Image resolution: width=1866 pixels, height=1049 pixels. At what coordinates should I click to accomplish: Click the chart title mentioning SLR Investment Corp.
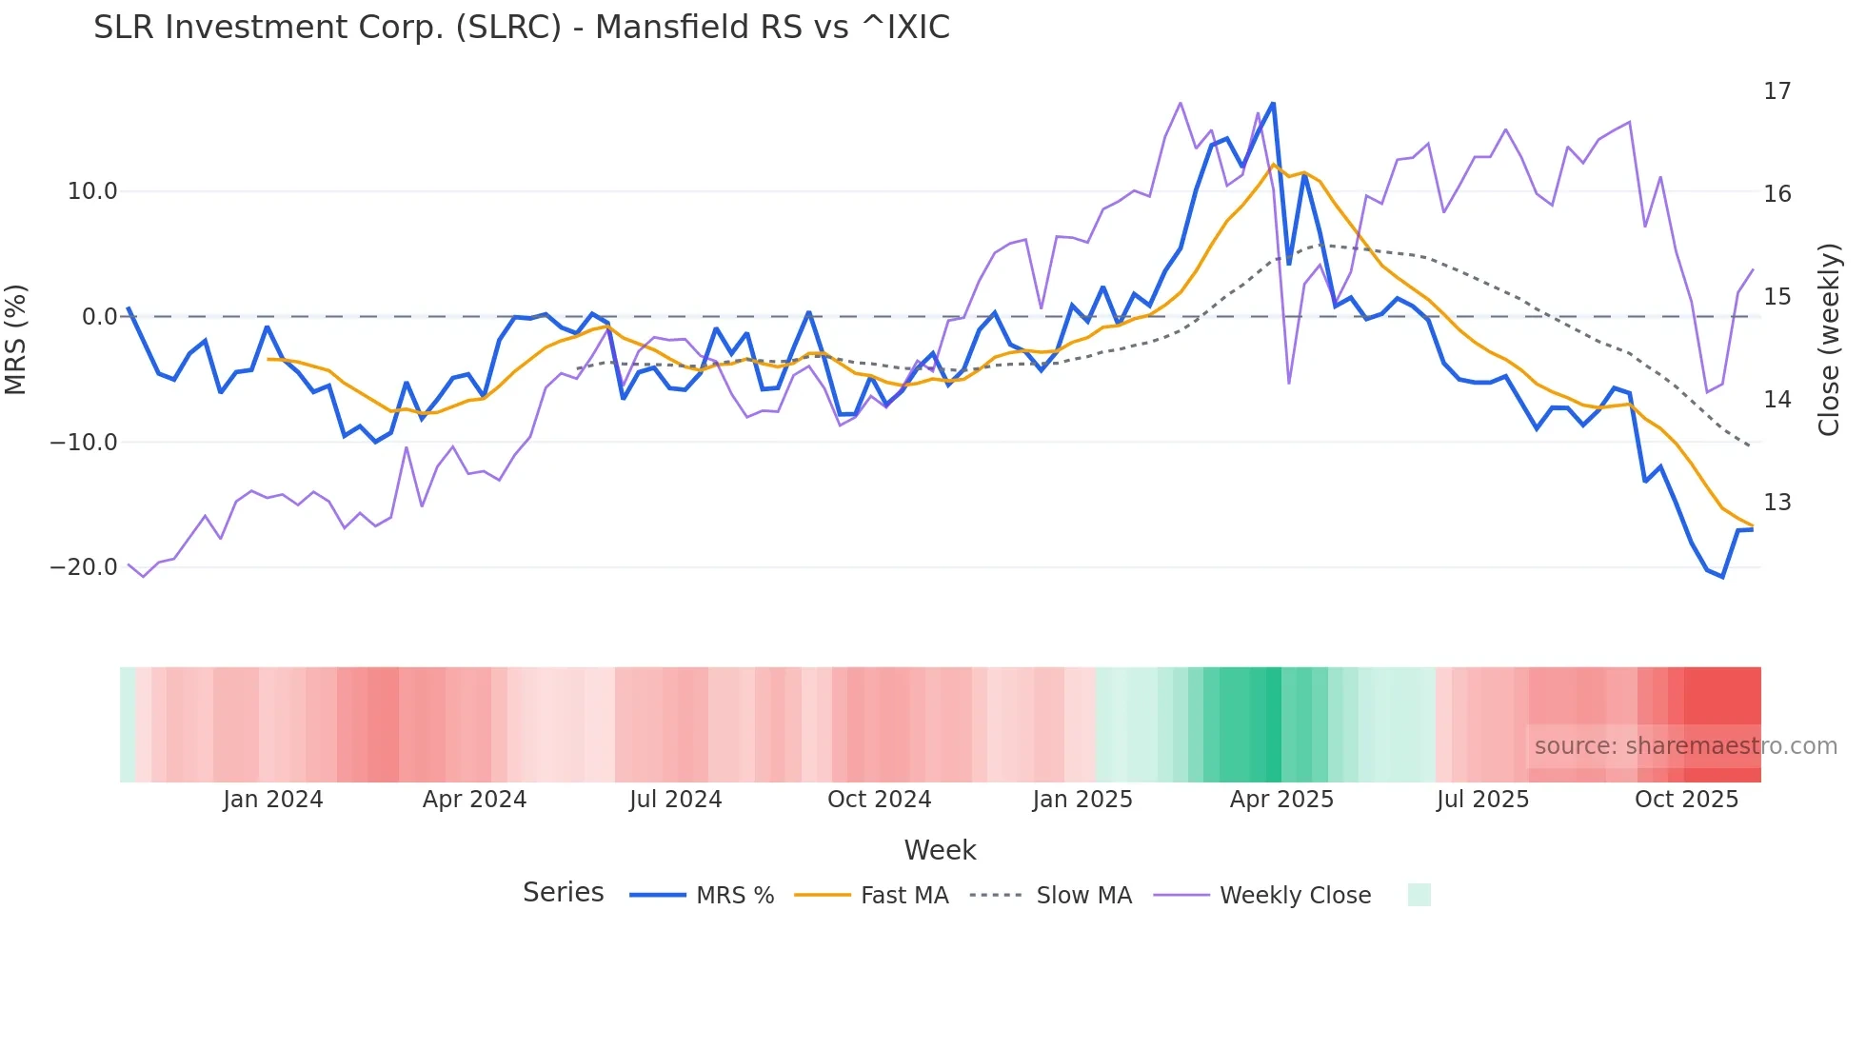tap(521, 28)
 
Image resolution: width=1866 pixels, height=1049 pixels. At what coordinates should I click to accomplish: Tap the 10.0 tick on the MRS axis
tap(92, 191)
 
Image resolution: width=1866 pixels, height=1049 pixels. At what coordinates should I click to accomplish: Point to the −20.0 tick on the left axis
tap(84, 567)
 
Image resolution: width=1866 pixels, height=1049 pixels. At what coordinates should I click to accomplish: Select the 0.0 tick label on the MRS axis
tap(100, 317)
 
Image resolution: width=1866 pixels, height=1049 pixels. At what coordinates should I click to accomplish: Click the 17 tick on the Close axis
tap(1777, 91)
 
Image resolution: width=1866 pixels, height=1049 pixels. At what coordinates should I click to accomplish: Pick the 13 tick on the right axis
tap(1777, 503)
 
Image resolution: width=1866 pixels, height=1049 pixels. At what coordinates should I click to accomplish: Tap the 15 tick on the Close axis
tap(1777, 297)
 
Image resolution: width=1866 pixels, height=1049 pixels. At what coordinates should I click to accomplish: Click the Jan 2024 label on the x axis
tap(273, 800)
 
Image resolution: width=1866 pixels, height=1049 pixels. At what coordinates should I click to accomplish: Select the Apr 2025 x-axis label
tap(1281, 800)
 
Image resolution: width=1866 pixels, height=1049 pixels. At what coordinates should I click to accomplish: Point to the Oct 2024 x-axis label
tap(879, 800)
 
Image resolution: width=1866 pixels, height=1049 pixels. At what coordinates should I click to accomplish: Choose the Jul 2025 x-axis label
tap(1482, 800)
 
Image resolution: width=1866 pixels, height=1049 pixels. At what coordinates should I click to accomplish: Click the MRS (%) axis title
tap(16, 339)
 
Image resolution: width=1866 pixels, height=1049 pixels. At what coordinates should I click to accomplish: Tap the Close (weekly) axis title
tap(1829, 339)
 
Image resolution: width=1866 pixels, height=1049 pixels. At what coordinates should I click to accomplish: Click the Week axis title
tap(940, 850)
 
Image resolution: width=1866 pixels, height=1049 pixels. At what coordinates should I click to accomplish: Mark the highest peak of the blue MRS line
tap(1273, 104)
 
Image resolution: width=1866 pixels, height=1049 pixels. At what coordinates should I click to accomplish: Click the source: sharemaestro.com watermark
tap(1685, 746)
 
